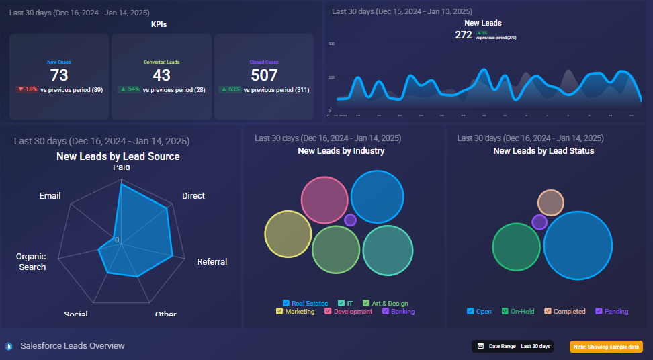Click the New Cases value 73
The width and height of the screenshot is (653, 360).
59,75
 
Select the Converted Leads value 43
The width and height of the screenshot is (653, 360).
161,75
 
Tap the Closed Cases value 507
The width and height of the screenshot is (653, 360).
264,75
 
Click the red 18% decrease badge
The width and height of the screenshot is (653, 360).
27,89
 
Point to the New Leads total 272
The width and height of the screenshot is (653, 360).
464,35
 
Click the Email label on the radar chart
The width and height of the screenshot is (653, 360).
50,196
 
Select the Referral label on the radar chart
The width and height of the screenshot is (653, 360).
212,262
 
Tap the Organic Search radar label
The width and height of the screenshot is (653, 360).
32,262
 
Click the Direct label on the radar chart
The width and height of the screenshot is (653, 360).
193,196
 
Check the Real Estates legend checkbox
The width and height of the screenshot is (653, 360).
286,304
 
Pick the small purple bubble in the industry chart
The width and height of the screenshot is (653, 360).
350,220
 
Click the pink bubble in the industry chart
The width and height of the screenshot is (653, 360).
323,199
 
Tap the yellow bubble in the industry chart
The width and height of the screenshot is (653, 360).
288,234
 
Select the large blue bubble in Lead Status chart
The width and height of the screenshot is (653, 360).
578,244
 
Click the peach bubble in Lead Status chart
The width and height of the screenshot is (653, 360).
551,203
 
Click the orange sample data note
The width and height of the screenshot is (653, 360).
606,347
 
